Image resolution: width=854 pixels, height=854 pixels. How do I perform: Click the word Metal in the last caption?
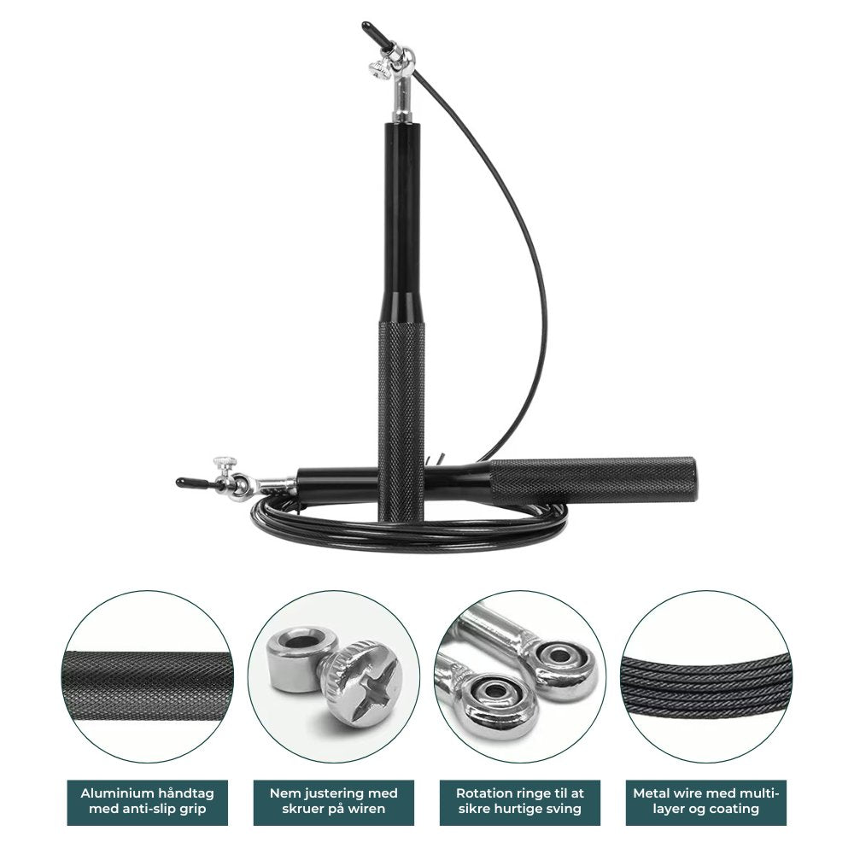[x=650, y=793]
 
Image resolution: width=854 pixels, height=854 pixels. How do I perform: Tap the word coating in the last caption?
[x=734, y=809]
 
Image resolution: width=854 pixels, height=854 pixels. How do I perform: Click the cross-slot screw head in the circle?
[x=363, y=683]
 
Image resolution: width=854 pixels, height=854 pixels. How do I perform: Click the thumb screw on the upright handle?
[x=377, y=69]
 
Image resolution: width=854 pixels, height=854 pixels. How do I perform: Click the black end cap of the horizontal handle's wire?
[x=191, y=482]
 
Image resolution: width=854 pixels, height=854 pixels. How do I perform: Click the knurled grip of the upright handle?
[x=401, y=419]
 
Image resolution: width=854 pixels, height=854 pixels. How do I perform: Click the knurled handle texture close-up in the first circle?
[x=147, y=687]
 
